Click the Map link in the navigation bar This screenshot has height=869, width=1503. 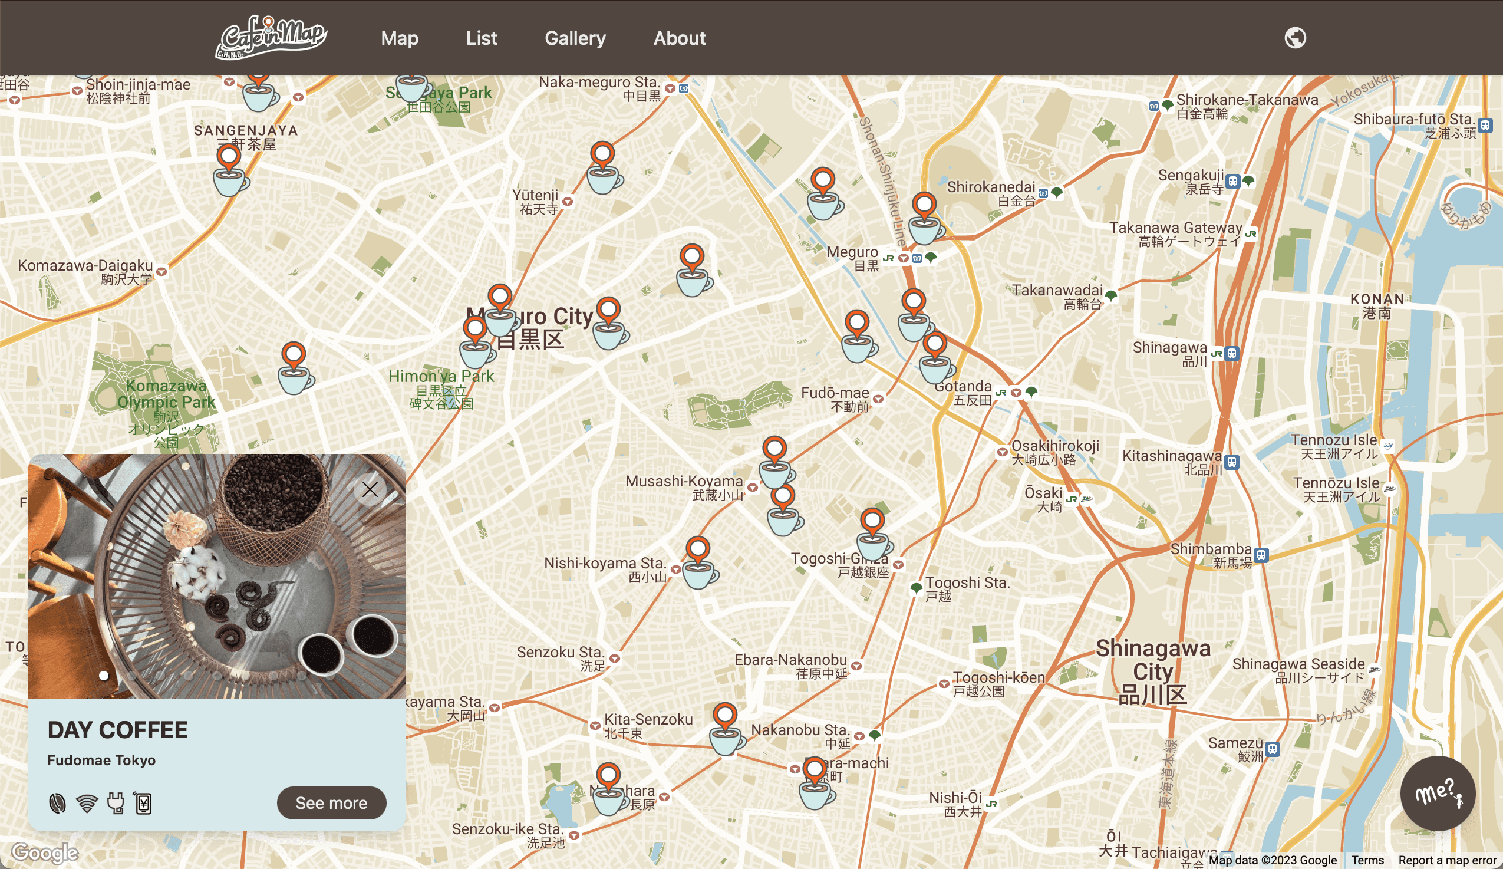click(400, 38)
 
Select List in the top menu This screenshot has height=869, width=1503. click(482, 38)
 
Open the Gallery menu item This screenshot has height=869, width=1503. click(575, 38)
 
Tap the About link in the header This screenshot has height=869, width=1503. click(680, 38)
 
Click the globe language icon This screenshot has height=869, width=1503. click(1295, 38)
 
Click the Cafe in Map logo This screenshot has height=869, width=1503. click(271, 37)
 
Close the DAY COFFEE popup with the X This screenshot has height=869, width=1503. click(370, 490)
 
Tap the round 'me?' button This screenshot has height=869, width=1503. click(1438, 794)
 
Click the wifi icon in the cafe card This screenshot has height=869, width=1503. click(87, 804)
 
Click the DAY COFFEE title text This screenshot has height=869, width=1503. click(117, 730)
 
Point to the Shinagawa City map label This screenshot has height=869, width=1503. click(1153, 671)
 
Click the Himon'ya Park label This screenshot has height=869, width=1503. click(441, 377)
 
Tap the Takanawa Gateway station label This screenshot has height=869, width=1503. click(1175, 228)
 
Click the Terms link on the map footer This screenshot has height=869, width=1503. click(1367, 860)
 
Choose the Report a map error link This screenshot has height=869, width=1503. click(1448, 860)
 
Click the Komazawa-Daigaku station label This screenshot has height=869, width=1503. click(85, 266)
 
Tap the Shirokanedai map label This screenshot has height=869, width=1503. click(991, 187)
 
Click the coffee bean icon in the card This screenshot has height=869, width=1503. click(57, 804)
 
